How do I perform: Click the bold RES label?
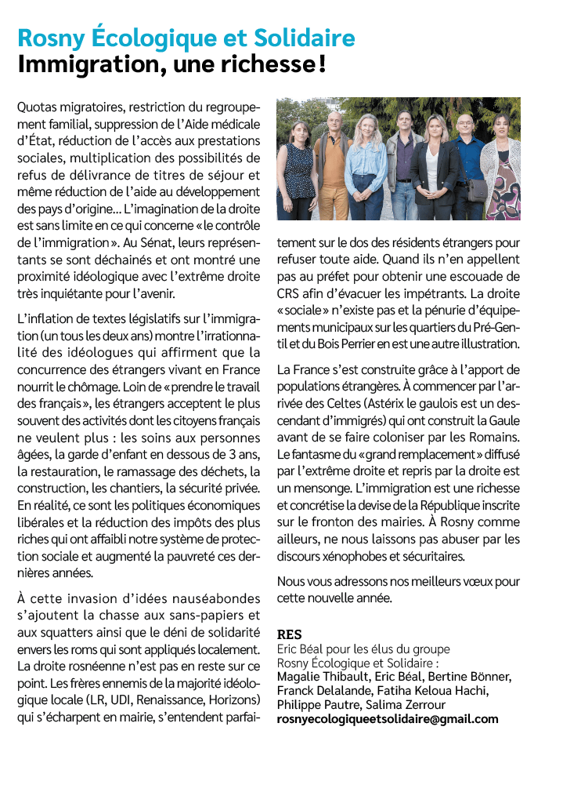(289, 634)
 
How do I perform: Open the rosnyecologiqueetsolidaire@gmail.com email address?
(388, 718)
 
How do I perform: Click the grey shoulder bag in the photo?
(476, 190)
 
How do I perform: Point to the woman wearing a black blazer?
(435, 169)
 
